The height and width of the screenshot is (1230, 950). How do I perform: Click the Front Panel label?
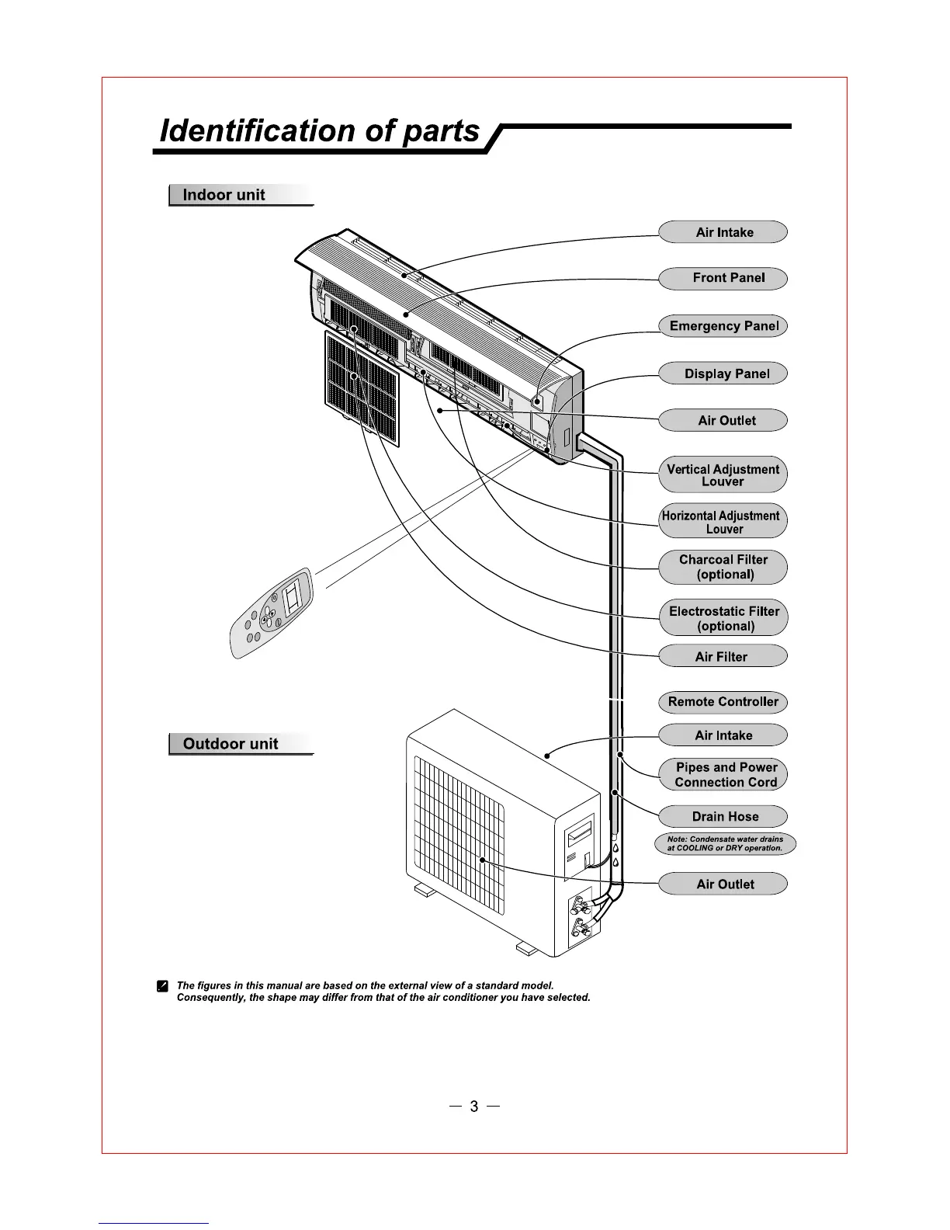723,278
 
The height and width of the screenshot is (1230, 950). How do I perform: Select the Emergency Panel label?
723,326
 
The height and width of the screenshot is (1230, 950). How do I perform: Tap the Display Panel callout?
723,374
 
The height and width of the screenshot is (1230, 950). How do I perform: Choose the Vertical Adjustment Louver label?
723,474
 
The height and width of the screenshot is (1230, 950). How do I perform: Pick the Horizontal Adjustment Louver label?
723,522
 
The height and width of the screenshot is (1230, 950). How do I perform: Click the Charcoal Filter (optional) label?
723,567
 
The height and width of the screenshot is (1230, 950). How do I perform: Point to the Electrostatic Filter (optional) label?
723,618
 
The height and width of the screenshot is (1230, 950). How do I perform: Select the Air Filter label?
723,656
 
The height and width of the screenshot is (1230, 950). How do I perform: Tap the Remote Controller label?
723,702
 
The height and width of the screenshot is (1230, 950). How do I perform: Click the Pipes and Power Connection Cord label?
723,774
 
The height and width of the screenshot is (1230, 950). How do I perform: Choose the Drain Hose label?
723,816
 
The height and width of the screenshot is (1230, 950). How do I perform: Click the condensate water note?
725,843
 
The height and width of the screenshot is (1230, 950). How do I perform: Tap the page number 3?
474,1107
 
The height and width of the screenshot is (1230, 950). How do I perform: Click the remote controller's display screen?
294,596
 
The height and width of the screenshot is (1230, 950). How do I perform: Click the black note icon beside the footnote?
162,986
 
